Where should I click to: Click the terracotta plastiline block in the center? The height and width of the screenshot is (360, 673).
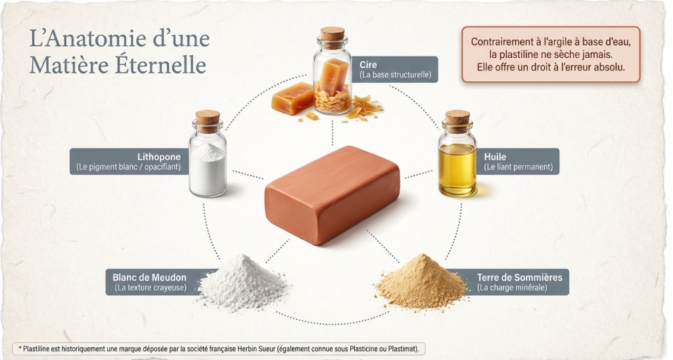coord(332,194)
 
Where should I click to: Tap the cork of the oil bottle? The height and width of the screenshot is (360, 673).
coord(457,118)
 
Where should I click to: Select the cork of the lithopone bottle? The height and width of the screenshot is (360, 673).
coord(208,118)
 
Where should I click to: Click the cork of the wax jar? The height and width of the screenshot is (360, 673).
coord(333,34)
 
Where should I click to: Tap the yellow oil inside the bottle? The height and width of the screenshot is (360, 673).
coord(457,170)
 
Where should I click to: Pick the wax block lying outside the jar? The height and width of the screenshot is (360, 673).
coord(292,98)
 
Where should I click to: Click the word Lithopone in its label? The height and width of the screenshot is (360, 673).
coord(159,156)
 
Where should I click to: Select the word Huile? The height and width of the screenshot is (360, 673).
coord(495,156)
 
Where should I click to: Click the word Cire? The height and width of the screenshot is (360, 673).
coord(368,65)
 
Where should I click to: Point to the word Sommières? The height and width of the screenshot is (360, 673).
coord(539,277)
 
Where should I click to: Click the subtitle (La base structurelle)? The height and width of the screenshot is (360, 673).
coord(395,75)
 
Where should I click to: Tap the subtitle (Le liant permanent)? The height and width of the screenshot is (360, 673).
coord(519,167)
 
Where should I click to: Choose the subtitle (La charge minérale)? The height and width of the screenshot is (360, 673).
coord(512,288)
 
